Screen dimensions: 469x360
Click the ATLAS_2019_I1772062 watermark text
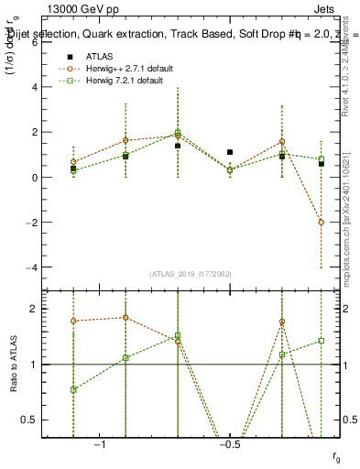pyautogui.click(x=190, y=274)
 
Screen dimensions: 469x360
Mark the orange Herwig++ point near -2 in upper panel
pyautogui.click(x=321, y=222)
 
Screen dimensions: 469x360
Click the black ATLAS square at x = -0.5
pyautogui.click(x=230, y=152)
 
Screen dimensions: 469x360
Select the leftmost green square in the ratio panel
pyautogui.click(x=73, y=389)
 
